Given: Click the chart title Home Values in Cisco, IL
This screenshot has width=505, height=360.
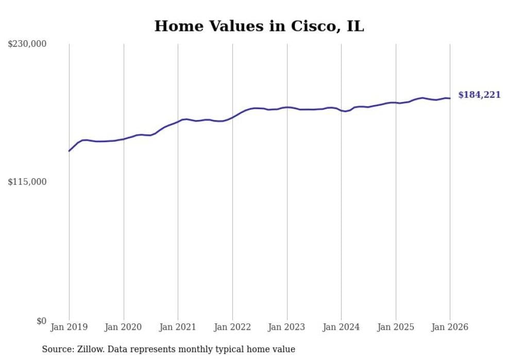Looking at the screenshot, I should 259,26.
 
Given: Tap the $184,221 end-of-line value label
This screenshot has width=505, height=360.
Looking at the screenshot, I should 479,95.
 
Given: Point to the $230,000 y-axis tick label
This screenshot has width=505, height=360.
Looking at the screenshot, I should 27,44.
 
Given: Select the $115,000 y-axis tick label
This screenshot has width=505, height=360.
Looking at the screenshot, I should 27,182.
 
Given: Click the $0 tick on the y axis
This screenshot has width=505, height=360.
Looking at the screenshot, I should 41,321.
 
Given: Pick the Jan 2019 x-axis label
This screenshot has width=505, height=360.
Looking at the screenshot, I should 69,327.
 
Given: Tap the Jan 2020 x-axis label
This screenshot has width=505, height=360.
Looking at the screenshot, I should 124,327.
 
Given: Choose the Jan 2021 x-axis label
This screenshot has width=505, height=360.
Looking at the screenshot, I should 178,327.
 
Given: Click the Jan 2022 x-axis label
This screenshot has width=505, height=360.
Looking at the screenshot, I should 232,327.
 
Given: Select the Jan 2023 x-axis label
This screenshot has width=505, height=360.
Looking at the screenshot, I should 287,327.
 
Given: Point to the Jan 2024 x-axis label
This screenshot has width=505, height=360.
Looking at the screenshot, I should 341,327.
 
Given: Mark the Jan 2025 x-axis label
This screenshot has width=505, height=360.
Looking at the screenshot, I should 396,327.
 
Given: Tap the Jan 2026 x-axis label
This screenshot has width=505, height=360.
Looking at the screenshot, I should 450,327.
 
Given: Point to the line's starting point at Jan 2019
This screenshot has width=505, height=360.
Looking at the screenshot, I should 69,151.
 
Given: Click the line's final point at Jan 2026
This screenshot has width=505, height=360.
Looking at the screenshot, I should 450,98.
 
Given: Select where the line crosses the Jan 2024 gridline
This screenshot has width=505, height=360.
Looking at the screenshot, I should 341,110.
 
